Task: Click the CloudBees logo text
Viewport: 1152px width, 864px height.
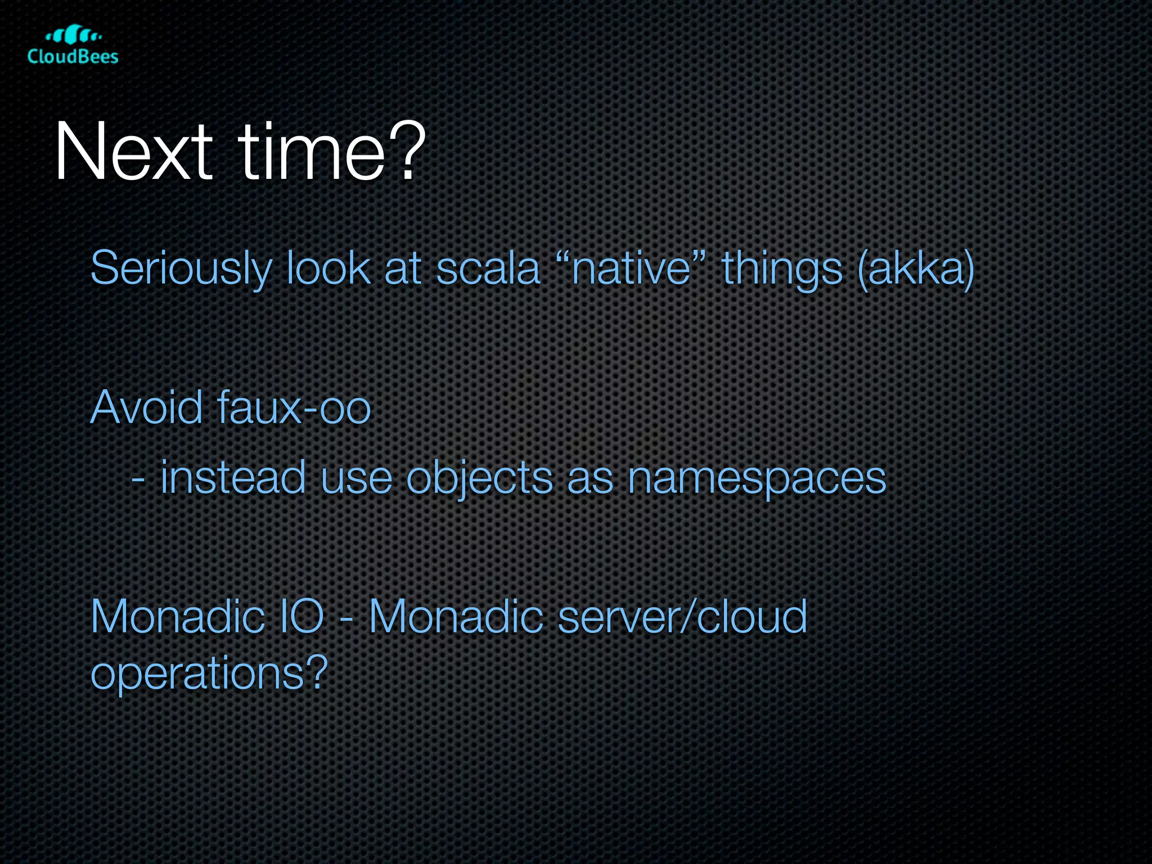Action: [x=73, y=56]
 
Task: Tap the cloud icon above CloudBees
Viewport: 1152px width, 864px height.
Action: [x=73, y=35]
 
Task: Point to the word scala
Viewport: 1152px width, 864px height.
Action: [x=488, y=269]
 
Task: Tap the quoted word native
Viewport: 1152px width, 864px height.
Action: [x=631, y=269]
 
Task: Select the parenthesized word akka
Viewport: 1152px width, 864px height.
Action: [x=916, y=269]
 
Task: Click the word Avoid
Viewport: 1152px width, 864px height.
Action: [x=146, y=407]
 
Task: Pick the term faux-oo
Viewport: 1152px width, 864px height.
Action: [x=293, y=407]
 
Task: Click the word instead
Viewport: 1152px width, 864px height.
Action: [x=233, y=478]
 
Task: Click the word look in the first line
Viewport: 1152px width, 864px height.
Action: [x=328, y=269]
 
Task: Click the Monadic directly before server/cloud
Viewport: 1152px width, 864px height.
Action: [x=456, y=617]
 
